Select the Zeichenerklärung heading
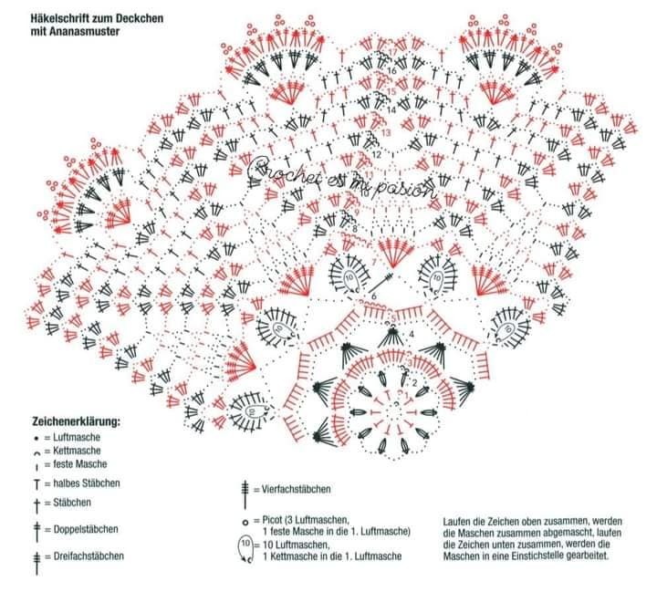pos(77,422)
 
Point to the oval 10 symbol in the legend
pos(245,548)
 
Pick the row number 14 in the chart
pos(391,109)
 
